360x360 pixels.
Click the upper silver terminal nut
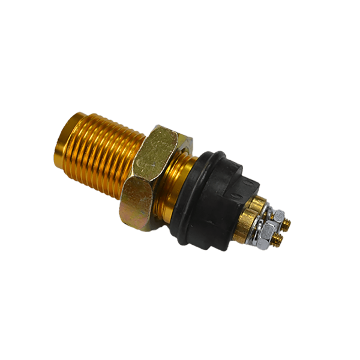click(x=280, y=215)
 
